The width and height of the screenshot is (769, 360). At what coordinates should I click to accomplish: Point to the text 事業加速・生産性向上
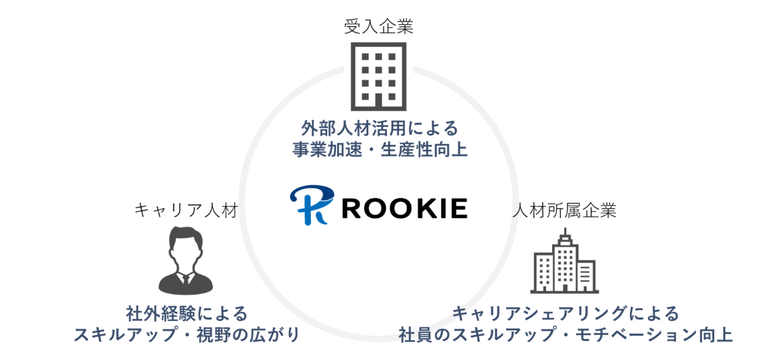click(x=380, y=149)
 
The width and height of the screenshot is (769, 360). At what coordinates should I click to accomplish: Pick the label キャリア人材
click(x=186, y=210)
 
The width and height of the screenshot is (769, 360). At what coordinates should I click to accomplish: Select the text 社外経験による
click(x=187, y=313)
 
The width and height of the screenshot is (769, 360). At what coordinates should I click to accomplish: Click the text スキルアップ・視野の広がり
click(x=187, y=335)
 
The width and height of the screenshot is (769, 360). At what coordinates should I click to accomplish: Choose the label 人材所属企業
click(x=564, y=210)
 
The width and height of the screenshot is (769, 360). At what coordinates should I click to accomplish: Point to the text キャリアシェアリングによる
click(x=565, y=313)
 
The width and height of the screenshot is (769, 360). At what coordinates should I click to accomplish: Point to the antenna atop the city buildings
click(x=564, y=234)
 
